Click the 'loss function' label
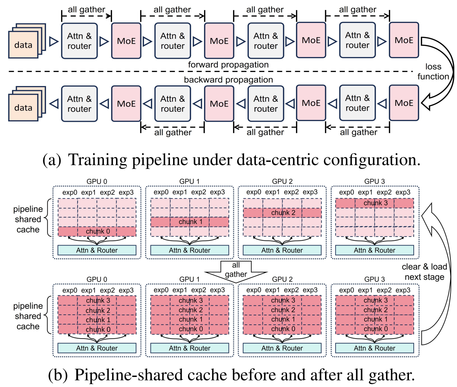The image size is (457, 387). (x=433, y=72)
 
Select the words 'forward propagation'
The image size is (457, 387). (x=228, y=65)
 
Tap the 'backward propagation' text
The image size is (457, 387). (x=228, y=80)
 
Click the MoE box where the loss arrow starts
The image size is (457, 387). (x=404, y=40)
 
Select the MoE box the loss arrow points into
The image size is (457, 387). (x=404, y=103)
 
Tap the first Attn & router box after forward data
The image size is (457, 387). (x=79, y=41)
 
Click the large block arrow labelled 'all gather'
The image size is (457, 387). (x=236, y=271)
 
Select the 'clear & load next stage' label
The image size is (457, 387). (x=424, y=272)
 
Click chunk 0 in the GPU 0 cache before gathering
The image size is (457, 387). (x=97, y=231)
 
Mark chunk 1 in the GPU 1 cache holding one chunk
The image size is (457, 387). (x=190, y=222)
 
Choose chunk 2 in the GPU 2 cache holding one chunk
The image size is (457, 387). (x=282, y=213)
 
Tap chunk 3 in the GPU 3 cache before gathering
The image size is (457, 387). (x=375, y=203)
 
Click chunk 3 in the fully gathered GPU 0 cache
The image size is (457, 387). (x=97, y=301)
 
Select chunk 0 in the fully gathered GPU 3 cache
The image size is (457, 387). (x=375, y=329)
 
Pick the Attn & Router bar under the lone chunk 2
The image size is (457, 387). (x=282, y=250)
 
